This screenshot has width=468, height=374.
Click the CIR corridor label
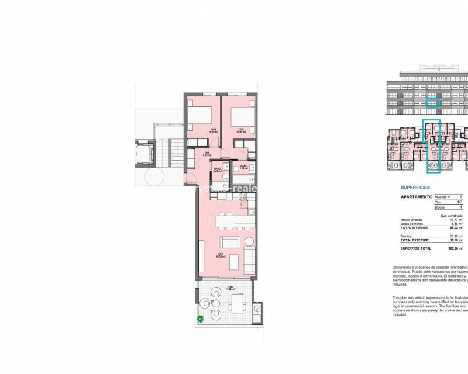(x=206, y=155)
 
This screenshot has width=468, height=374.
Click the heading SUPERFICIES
(x=415, y=188)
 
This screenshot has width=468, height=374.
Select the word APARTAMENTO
(x=416, y=198)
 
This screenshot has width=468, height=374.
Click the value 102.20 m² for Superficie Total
(x=455, y=248)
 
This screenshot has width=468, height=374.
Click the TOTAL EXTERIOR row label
(x=415, y=240)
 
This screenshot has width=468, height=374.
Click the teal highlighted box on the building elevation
(x=432, y=103)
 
